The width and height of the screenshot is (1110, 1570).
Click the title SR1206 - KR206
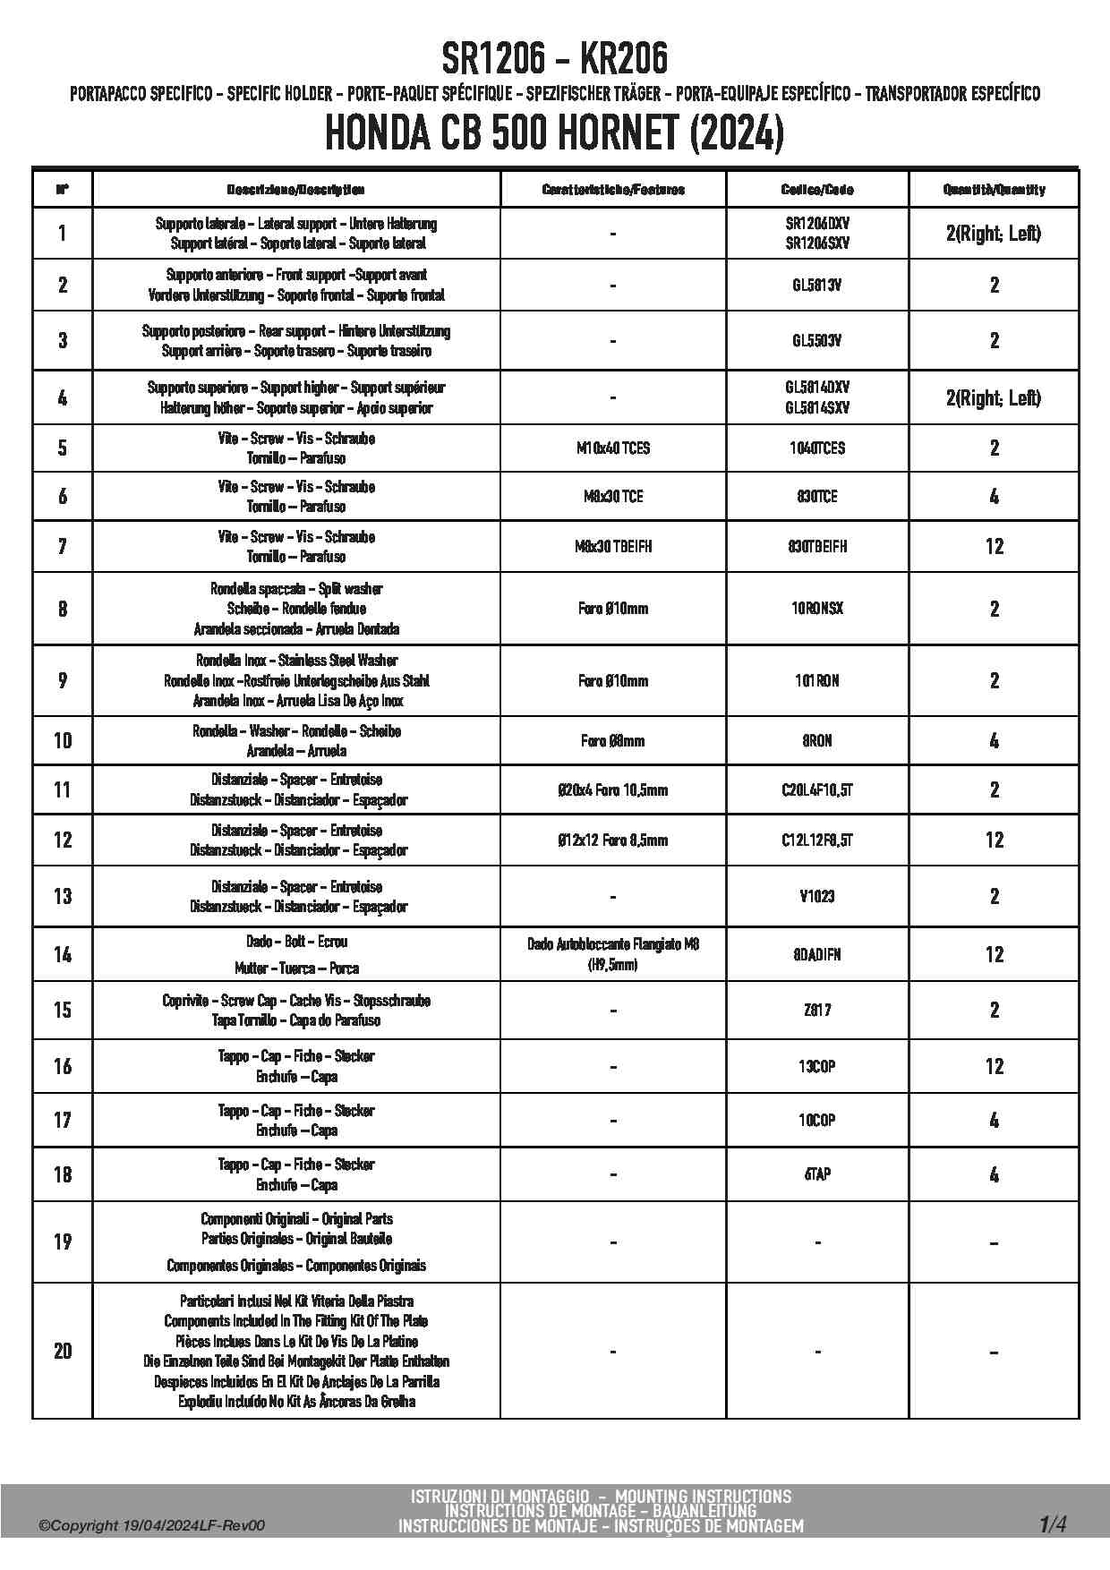(x=554, y=59)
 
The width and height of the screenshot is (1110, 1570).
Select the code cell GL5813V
(x=817, y=286)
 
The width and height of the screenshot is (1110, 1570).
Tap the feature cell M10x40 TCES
(x=613, y=448)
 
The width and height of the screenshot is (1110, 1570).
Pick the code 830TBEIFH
(x=817, y=546)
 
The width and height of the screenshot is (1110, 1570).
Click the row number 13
(x=63, y=896)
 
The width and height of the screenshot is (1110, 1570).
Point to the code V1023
(x=817, y=896)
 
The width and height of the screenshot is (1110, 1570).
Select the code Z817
(x=817, y=1010)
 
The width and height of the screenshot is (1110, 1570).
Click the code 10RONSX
(x=817, y=609)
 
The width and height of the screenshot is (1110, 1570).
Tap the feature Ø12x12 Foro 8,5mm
(x=613, y=840)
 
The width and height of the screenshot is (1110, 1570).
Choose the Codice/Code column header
(x=817, y=190)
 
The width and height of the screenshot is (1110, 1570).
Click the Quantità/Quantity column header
(x=994, y=190)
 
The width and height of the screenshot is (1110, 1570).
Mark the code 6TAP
(x=817, y=1174)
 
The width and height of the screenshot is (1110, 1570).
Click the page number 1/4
(x=1053, y=1523)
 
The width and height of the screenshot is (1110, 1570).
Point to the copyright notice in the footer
(x=152, y=1526)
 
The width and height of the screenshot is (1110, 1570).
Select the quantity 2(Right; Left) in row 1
(x=994, y=234)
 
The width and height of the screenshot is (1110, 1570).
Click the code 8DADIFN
(x=817, y=954)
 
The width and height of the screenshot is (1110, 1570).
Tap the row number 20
(x=63, y=1351)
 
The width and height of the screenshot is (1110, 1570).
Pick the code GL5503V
(x=817, y=340)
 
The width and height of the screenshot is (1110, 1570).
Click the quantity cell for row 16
(x=994, y=1066)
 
